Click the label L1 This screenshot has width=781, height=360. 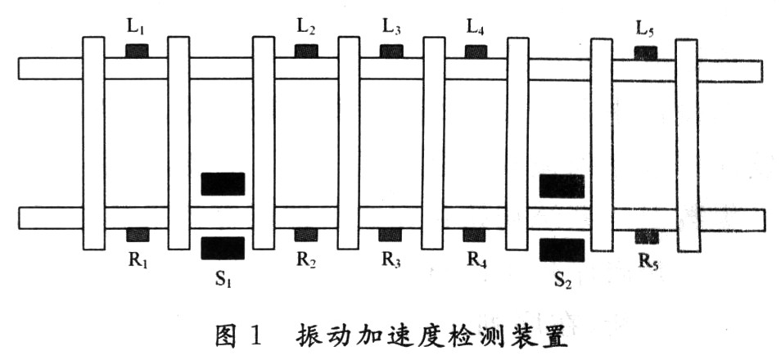(x=136, y=26)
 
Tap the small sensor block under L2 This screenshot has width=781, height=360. (x=305, y=52)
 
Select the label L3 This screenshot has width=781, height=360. (x=391, y=26)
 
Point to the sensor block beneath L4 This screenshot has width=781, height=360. (x=476, y=52)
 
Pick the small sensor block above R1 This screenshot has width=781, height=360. (x=137, y=235)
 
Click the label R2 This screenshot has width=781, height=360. (x=306, y=261)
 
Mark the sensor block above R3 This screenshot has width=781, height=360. (x=390, y=235)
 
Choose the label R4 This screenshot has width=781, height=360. (x=477, y=261)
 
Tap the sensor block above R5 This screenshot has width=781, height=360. (x=647, y=236)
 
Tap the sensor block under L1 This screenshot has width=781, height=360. (x=137, y=51)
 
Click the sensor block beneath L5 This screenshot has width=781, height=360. (x=646, y=53)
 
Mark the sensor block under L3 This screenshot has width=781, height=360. (x=390, y=52)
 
